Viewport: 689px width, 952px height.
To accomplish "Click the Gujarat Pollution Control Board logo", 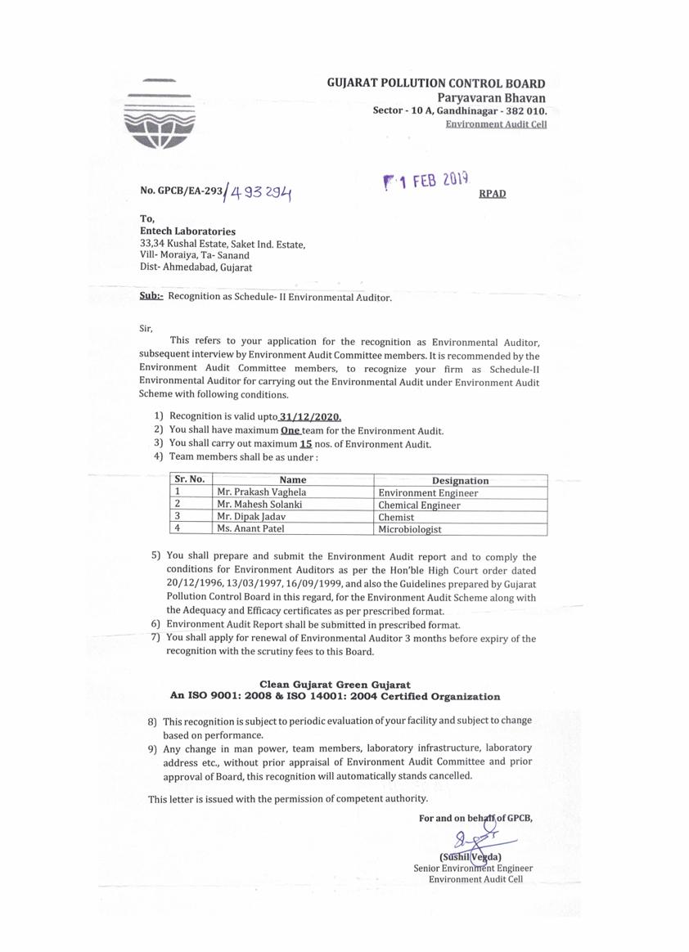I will point(160,119).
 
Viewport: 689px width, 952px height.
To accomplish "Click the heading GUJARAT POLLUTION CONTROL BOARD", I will point(436,83).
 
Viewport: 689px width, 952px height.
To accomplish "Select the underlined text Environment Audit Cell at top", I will point(496,124).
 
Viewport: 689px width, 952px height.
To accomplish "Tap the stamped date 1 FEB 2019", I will point(426,182).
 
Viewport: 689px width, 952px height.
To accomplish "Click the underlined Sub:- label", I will point(152,296).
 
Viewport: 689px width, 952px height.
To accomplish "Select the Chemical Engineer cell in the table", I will point(419,505).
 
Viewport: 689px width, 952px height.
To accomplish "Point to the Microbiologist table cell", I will point(410,529).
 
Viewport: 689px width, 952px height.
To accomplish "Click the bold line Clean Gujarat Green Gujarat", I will point(335,684).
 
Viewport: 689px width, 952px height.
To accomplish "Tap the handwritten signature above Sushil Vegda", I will point(475,837).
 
